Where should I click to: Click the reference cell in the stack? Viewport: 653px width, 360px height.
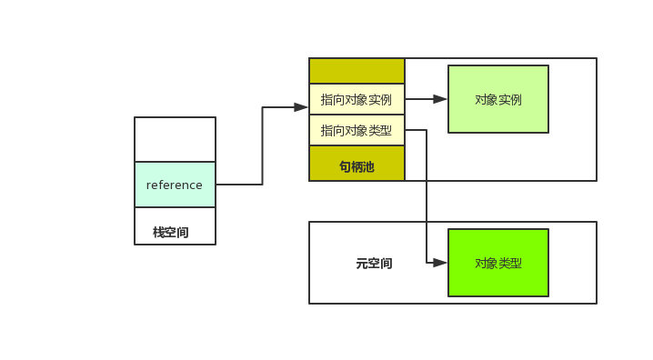point(175,185)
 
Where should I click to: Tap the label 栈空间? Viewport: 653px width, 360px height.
point(171,233)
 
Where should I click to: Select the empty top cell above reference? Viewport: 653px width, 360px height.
point(175,139)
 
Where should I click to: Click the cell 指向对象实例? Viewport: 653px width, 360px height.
point(357,99)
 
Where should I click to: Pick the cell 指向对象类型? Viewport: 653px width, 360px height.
point(357,130)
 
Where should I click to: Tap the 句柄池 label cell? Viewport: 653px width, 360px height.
point(357,167)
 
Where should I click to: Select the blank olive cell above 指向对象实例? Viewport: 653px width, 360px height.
point(357,71)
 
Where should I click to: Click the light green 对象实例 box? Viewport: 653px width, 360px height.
point(498,99)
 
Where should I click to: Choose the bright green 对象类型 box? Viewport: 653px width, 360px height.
point(498,263)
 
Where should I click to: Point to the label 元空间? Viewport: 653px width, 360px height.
point(374,264)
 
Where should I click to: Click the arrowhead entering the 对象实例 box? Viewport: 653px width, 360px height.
point(440,99)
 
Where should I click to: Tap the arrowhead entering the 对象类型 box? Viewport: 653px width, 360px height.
point(440,263)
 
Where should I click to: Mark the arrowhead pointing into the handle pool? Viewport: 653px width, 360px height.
point(301,107)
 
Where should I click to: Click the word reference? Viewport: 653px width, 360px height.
point(175,185)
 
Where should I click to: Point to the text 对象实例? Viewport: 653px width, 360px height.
point(498,99)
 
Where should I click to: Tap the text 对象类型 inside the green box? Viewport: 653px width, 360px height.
point(498,263)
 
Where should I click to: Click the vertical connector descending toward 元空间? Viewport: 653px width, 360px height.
point(427,200)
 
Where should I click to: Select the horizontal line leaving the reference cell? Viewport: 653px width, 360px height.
point(238,185)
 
